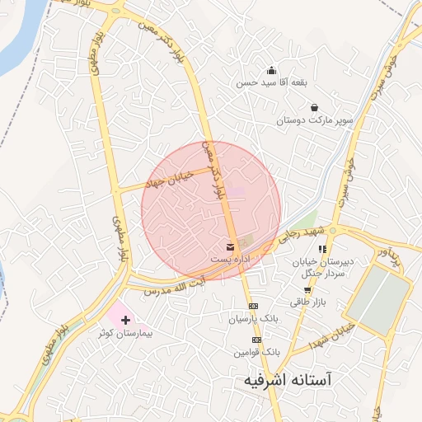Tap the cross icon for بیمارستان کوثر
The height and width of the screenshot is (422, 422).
125,318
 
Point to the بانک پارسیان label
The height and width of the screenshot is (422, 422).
255,317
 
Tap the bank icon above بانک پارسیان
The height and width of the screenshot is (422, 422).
254,306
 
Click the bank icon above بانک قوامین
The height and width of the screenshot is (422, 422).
256,340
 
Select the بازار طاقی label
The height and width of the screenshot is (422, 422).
309,302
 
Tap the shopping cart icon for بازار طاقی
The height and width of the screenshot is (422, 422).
308,289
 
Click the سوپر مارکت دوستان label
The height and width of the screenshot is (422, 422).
314,120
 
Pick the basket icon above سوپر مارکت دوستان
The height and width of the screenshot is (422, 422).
314,107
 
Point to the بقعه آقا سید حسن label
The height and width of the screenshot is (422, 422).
272,83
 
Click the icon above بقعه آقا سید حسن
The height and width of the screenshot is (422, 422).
272,70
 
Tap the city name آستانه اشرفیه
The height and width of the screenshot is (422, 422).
288,381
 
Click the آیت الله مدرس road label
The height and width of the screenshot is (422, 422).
172,288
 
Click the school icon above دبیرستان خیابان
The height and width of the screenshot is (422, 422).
323,248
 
